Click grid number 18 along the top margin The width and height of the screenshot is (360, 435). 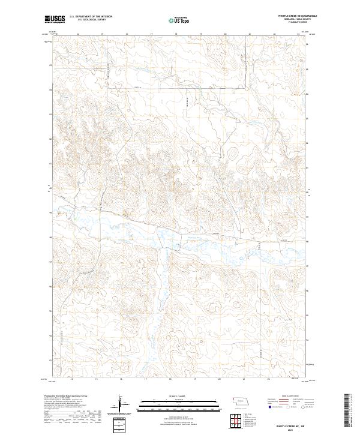click(x=176, y=35)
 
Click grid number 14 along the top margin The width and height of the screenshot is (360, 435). click(x=78, y=35)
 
